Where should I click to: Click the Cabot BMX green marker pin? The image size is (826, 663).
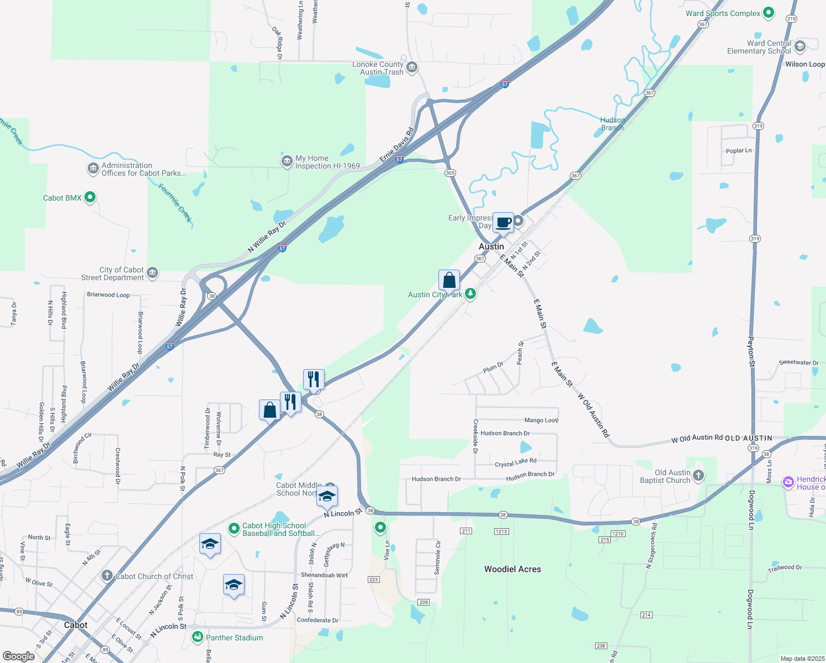click(x=90, y=197)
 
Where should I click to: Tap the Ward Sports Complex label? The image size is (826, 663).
click(x=723, y=13)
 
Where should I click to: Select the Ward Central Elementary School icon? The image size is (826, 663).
click(x=799, y=46)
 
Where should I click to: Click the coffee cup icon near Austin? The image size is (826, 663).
click(x=503, y=223)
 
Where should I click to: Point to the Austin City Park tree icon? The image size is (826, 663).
click(x=470, y=293)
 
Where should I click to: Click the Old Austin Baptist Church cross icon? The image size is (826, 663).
click(x=698, y=476)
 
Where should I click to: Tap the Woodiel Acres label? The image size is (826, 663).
click(x=512, y=569)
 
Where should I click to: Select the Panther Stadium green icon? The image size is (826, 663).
click(x=198, y=637)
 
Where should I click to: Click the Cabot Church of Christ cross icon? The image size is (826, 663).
click(x=107, y=576)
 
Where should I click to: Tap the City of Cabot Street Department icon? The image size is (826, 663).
click(x=152, y=273)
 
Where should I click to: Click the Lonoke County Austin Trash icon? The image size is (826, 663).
click(x=412, y=68)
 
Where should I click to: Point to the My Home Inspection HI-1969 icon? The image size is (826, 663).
click(x=287, y=161)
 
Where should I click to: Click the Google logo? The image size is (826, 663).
click(x=19, y=656)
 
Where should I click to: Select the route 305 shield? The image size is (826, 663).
click(x=450, y=173)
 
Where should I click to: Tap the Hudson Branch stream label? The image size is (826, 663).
click(x=612, y=124)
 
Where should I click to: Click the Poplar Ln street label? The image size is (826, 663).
click(x=738, y=150)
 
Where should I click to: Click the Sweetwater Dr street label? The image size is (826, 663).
click(x=798, y=362)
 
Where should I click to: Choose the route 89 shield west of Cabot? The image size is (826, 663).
click(x=19, y=612)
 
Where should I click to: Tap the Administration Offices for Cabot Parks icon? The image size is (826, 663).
click(x=93, y=169)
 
